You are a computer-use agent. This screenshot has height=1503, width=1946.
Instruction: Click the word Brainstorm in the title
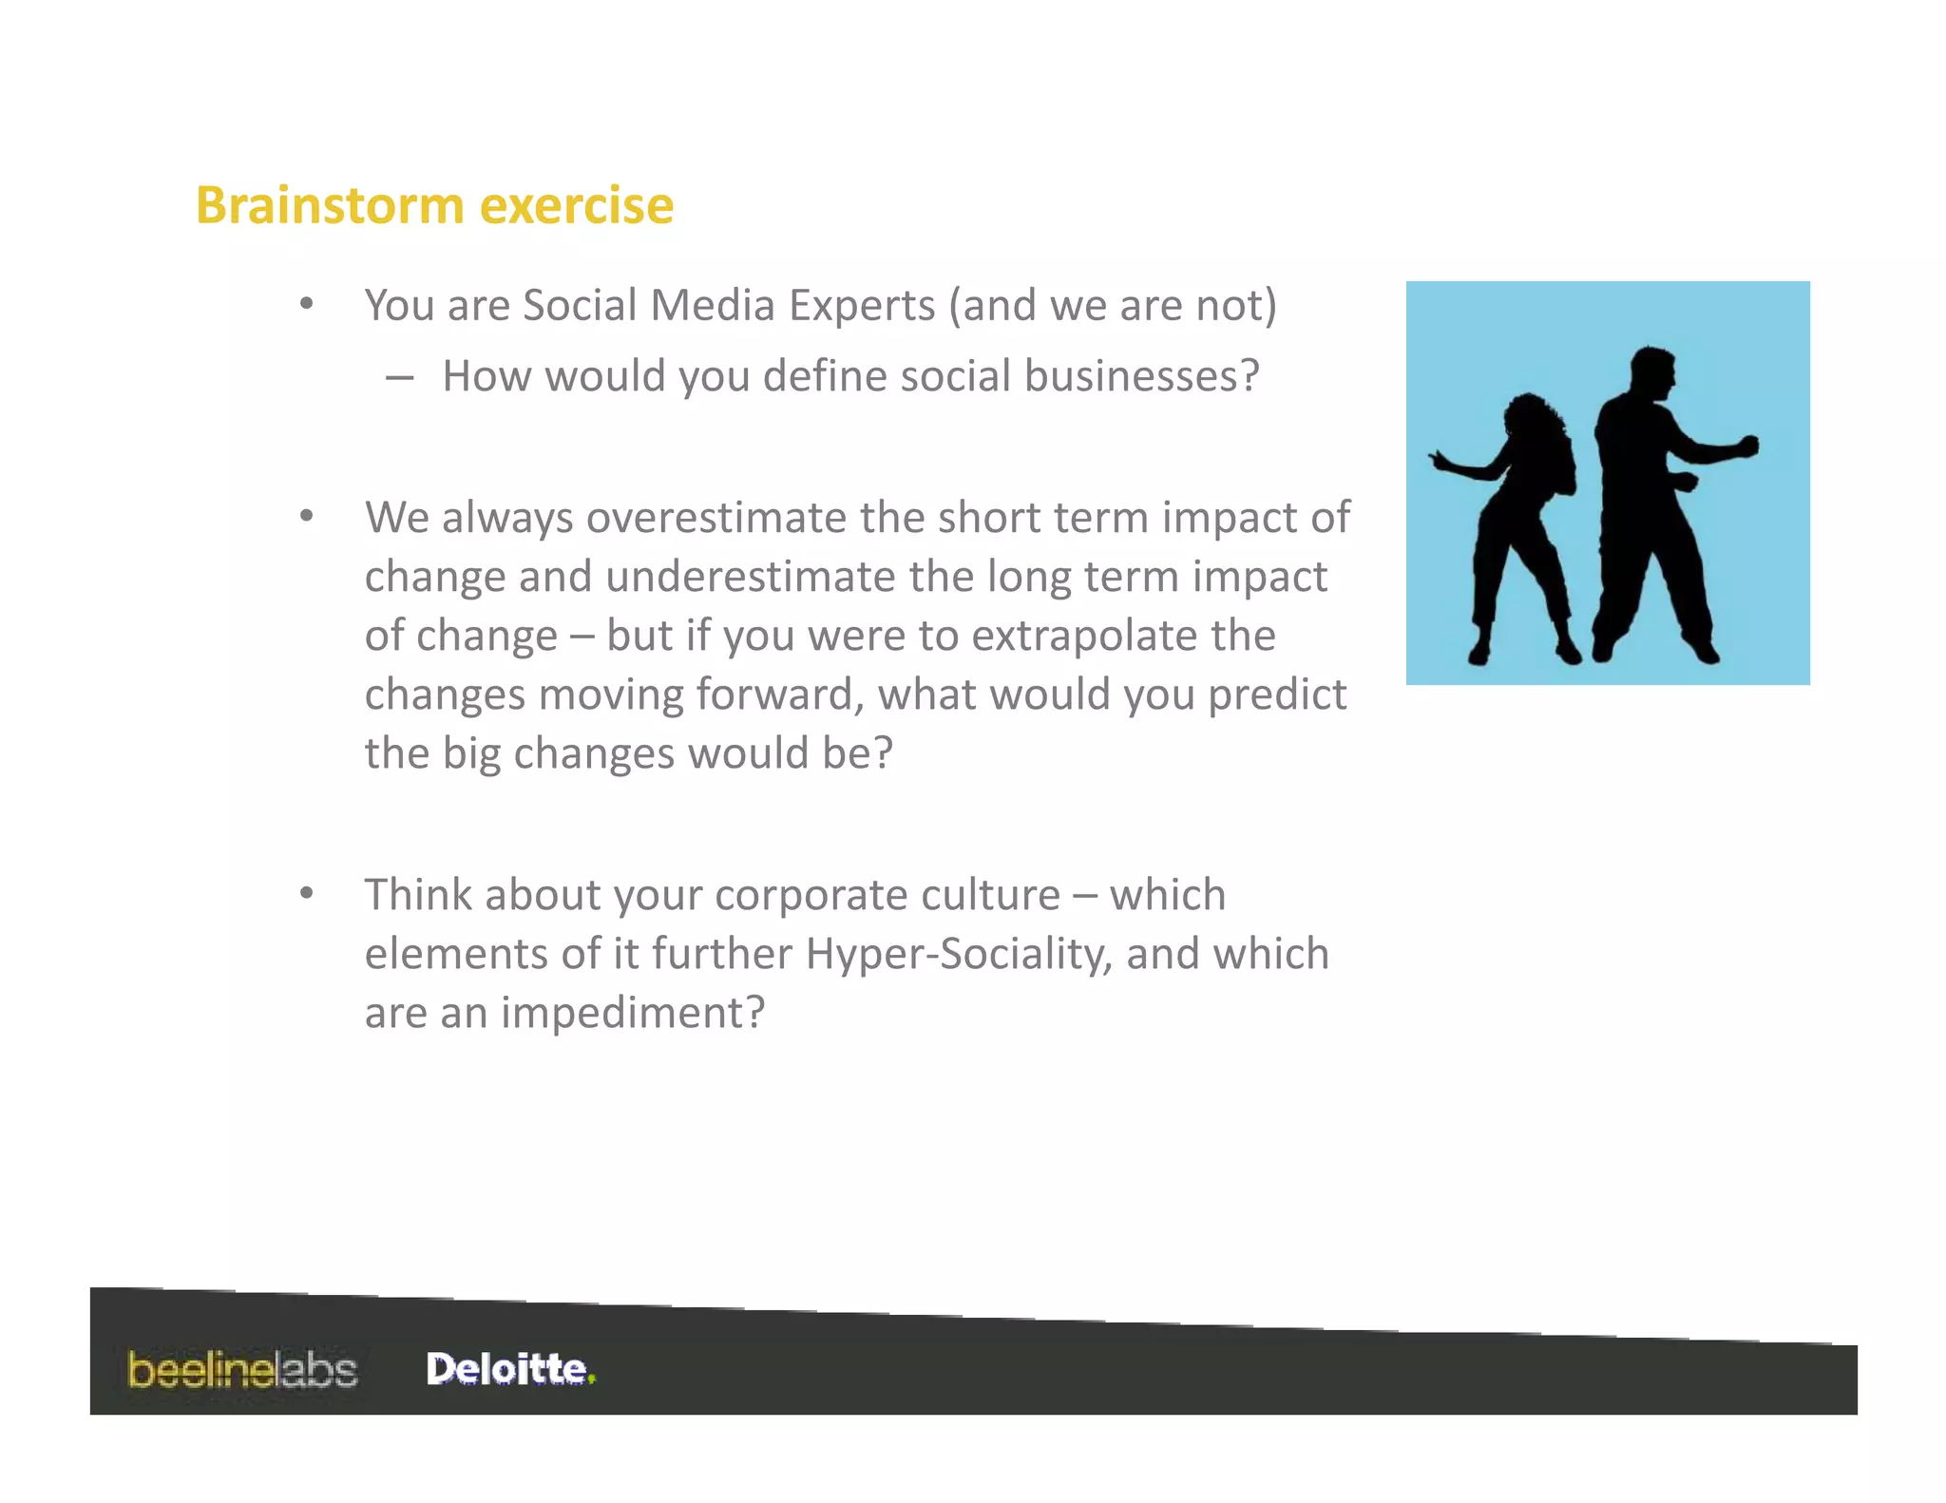point(331,205)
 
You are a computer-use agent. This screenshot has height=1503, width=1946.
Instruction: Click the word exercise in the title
point(577,205)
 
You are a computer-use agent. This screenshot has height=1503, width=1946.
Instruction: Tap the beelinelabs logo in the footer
point(242,1370)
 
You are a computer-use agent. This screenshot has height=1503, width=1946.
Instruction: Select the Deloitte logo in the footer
point(510,1369)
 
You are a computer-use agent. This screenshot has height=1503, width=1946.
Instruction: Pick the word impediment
point(632,1013)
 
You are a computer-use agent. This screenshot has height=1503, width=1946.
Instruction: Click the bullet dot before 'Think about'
point(306,894)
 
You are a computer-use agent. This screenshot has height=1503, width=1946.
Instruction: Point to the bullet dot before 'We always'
point(306,517)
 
